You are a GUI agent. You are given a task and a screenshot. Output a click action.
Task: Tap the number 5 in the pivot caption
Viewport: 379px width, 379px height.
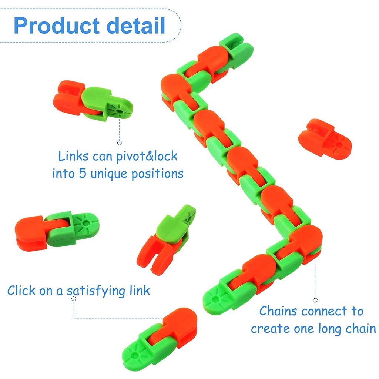point(82,173)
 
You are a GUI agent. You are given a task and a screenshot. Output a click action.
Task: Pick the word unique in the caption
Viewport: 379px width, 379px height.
point(108,173)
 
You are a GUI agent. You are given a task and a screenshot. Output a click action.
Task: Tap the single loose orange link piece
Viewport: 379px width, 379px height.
point(324,139)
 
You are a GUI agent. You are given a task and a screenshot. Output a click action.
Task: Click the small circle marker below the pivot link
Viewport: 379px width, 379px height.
point(120,143)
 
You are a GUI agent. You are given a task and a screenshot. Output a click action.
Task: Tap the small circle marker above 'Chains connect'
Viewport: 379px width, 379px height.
point(315,300)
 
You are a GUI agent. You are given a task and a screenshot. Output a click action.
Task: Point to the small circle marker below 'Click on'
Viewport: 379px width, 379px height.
point(74,298)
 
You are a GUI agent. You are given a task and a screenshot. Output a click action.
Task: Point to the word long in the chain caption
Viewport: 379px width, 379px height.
point(340,328)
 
